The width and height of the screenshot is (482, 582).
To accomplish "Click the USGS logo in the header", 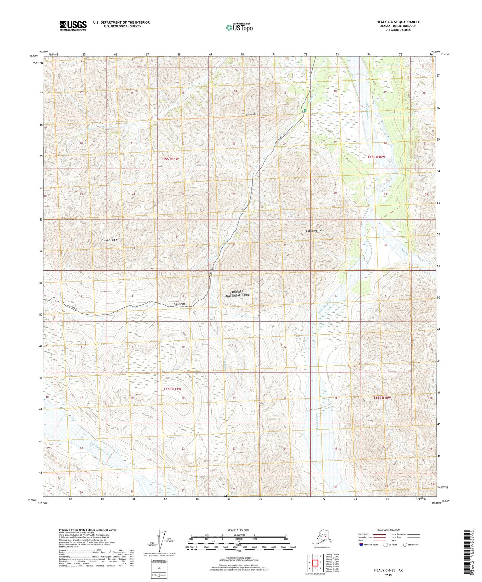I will [x=73, y=25].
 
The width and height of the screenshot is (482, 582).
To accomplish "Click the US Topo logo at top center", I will [x=239, y=27].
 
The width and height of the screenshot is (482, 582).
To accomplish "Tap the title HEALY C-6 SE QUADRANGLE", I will [x=398, y=22].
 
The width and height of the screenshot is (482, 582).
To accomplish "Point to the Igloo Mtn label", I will [x=252, y=114].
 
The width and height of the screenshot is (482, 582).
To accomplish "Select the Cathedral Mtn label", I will [x=315, y=231].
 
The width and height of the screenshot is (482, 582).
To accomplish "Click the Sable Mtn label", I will [x=109, y=240].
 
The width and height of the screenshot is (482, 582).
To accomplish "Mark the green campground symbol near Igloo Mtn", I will [x=305, y=111].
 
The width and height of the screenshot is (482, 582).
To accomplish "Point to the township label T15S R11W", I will [x=170, y=159].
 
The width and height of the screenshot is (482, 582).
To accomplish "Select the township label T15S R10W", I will [x=376, y=157].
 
